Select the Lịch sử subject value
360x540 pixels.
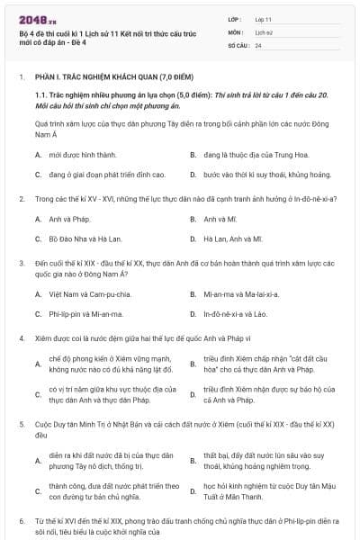click(x=264, y=31)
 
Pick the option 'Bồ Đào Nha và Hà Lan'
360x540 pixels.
click(x=82, y=238)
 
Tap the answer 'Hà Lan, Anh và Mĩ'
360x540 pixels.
click(x=232, y=238)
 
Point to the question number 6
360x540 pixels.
click(x=21, y=520)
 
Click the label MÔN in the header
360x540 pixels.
click(x=235, y=31)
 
